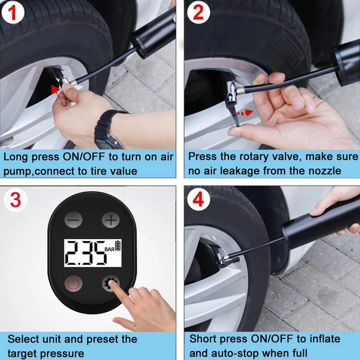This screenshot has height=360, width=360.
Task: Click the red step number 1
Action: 13,13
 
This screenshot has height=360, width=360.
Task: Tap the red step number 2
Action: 198,13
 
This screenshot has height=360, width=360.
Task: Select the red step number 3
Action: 16,200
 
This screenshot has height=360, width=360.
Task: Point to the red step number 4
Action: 198,199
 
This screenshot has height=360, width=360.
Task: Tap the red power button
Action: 73,283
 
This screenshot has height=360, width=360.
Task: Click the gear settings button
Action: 111,283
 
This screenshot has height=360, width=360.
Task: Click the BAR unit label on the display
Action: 109,249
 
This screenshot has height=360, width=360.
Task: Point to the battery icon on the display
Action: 118,245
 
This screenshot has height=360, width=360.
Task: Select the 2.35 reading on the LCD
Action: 85,253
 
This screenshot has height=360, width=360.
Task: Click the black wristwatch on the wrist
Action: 108,129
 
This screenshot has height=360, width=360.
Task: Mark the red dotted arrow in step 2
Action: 241,112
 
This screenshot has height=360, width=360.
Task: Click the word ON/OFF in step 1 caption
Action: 83,157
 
